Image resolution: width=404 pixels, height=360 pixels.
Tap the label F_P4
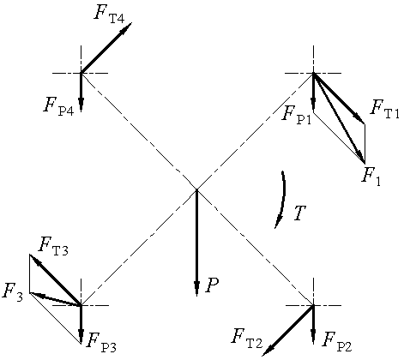point(59,106)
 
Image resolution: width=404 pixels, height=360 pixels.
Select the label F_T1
point(384,109)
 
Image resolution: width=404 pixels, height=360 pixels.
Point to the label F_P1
point(297,114)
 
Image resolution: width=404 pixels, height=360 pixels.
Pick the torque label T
point(299,213)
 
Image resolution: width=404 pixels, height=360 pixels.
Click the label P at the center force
point(212,285)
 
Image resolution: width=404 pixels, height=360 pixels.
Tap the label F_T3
point(53,246)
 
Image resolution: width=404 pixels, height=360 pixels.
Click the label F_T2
point(247,339)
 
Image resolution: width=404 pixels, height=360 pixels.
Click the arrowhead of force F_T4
point(127,27)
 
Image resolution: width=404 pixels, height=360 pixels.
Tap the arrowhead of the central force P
point(196,288)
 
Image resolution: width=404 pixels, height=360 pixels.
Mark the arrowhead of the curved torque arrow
point(277,222)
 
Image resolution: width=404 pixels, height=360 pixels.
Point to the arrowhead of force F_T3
point(35,260)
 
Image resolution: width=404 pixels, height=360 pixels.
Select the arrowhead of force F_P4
point(81,104)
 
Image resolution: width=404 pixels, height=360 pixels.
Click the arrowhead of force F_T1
point(359,118)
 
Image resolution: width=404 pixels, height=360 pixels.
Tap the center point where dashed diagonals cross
point(196,189)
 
